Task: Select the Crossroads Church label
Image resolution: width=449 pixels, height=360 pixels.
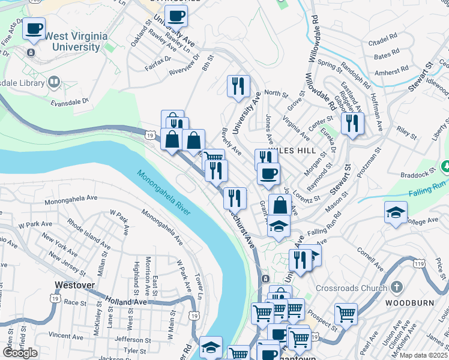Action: point(351,288)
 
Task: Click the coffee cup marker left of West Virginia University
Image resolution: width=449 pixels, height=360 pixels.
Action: point(34,28)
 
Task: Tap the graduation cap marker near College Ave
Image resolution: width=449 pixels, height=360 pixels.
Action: point(396,213)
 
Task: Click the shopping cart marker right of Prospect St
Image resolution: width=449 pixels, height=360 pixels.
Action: point(346,313)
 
